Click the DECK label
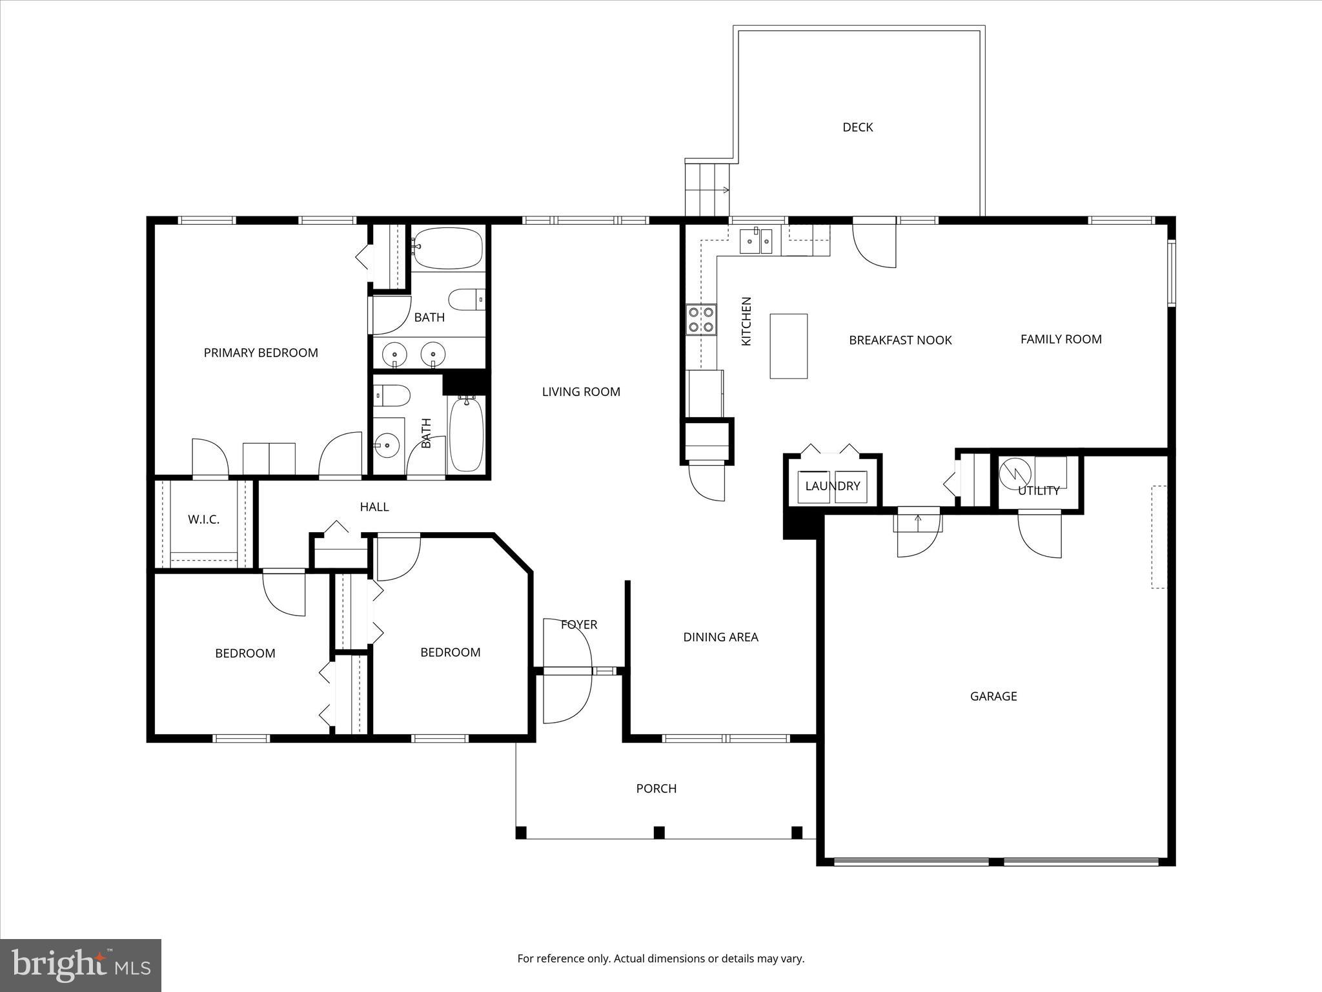click(x=857, y=127)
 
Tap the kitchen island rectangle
click(x=788, y=346)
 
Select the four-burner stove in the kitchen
click(x=701, y=319)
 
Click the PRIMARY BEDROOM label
click(x=261, y=353)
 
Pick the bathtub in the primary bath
click(x=447, y=249)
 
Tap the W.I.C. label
click(x=203, y=519)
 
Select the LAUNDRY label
click(x=832, y=486)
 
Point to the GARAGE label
click(x=993, y=696)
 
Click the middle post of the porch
click(x=659, y=832)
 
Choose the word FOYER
click(x=579, y=625)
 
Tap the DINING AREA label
click(x=720, y=637)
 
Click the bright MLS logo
click(x=81, y=965)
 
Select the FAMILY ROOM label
click(x=1061, y=339)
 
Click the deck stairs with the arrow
click(x=707, y=189)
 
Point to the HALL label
click(x=374, y=507)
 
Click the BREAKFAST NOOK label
click(x=900, y=340)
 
